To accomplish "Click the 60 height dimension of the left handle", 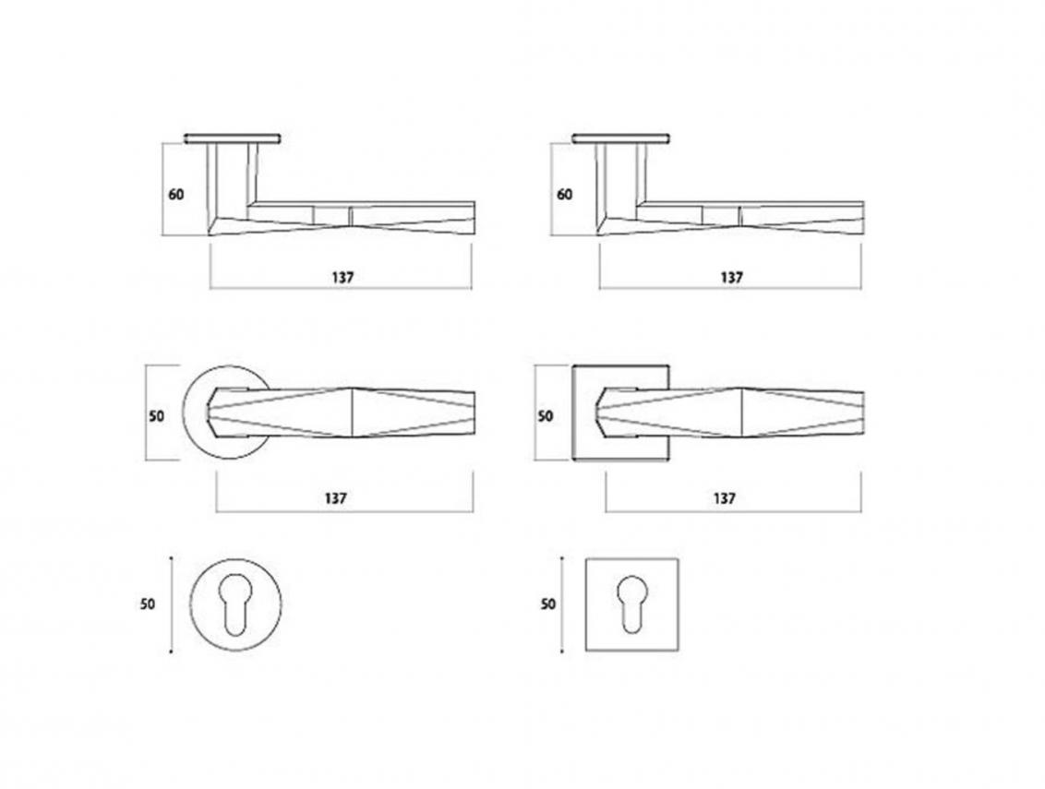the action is click(x=176, y=195).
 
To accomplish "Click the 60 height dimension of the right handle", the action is click(x=564, y=195).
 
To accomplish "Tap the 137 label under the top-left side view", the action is click(x=342, y=277).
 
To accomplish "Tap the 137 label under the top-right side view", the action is click(x=731, y=277).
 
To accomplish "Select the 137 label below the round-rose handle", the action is click(x=336, y=497).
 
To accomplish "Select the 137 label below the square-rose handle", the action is click(x=725, y=497).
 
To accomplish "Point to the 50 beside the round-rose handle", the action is click(x=157, y=416).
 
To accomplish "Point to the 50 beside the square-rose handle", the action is click(x=546, y=416).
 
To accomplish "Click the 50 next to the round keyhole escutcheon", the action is click(x=148, y=604).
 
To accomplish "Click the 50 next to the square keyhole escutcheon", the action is click(x=547, y=604).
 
